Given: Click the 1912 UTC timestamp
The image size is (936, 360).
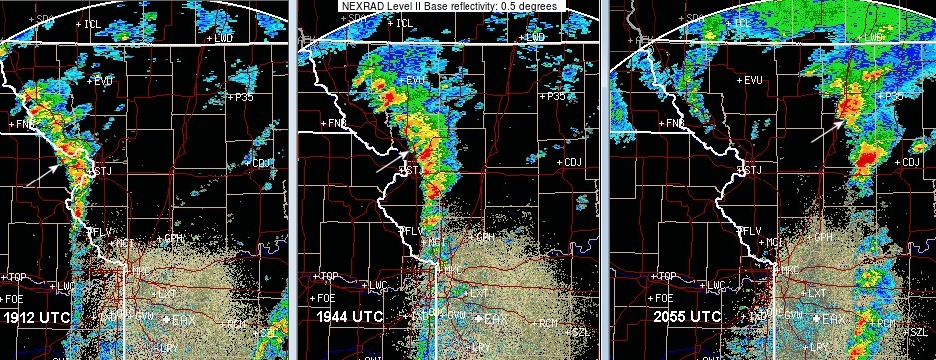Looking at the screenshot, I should pos(37,317).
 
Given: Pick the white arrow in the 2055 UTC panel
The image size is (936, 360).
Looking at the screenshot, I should pos(827,130).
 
